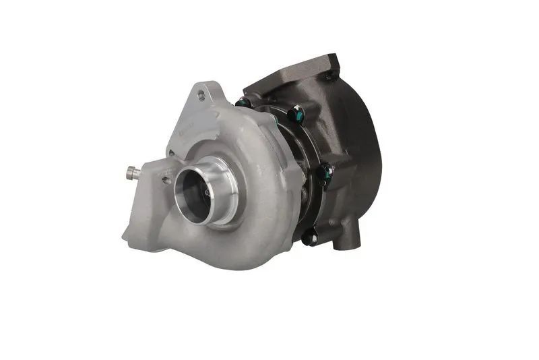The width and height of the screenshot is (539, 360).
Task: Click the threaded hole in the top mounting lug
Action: (201, 95)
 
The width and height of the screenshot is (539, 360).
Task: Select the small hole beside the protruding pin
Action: (165, 180)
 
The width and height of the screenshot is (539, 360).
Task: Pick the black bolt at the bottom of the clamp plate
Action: (309, 237)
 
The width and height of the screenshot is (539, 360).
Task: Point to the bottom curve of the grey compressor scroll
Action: (236, 260)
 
